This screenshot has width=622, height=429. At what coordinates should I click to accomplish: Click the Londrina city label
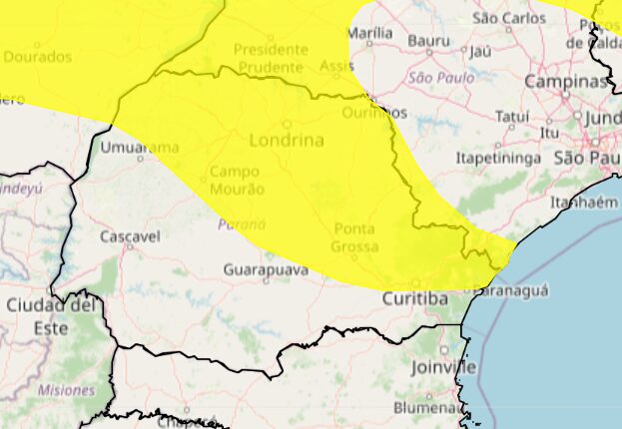(286, 141)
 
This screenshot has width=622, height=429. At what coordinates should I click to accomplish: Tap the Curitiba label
(414, 298)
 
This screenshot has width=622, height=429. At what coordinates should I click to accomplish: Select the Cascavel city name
(130, 236)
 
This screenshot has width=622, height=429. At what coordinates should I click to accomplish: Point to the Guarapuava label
(265, 269)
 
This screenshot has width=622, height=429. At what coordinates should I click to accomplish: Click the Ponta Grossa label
(355, 237)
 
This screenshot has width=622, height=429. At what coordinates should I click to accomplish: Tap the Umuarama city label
(141, 148)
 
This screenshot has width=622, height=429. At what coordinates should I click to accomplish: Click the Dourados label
(38, 57)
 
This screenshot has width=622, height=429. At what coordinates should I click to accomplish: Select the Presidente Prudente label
(270, 58)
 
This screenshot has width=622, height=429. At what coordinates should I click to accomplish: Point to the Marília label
(369, 33)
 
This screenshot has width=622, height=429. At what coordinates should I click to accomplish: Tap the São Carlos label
(509, 18)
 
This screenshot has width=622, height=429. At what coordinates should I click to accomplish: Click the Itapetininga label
(497, 158)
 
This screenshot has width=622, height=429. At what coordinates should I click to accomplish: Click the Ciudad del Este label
(50, 315)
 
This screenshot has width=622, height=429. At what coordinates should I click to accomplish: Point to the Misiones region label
(66, 390)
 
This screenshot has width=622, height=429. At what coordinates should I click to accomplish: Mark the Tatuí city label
(512, 117)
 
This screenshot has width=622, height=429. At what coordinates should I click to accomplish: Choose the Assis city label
(337, 66)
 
